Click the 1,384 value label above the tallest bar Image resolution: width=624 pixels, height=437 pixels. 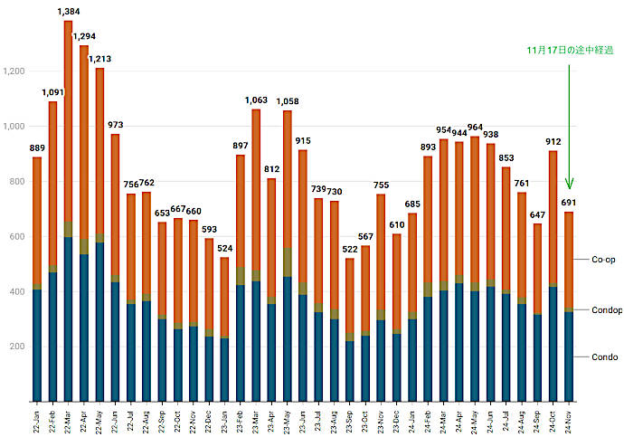coord(69,12)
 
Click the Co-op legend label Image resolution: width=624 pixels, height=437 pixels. coord(604,260)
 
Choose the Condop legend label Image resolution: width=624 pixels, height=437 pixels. coord(606,309)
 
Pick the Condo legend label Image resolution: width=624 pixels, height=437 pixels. coord(604,356)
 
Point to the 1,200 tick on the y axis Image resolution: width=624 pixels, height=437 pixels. coord(15,71)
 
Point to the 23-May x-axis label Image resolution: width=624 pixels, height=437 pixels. coord(288,419)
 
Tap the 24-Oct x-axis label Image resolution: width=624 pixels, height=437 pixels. coord(553,419)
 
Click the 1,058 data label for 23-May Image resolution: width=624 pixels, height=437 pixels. coord(288,101)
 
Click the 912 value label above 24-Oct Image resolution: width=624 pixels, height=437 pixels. coord(553,141)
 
